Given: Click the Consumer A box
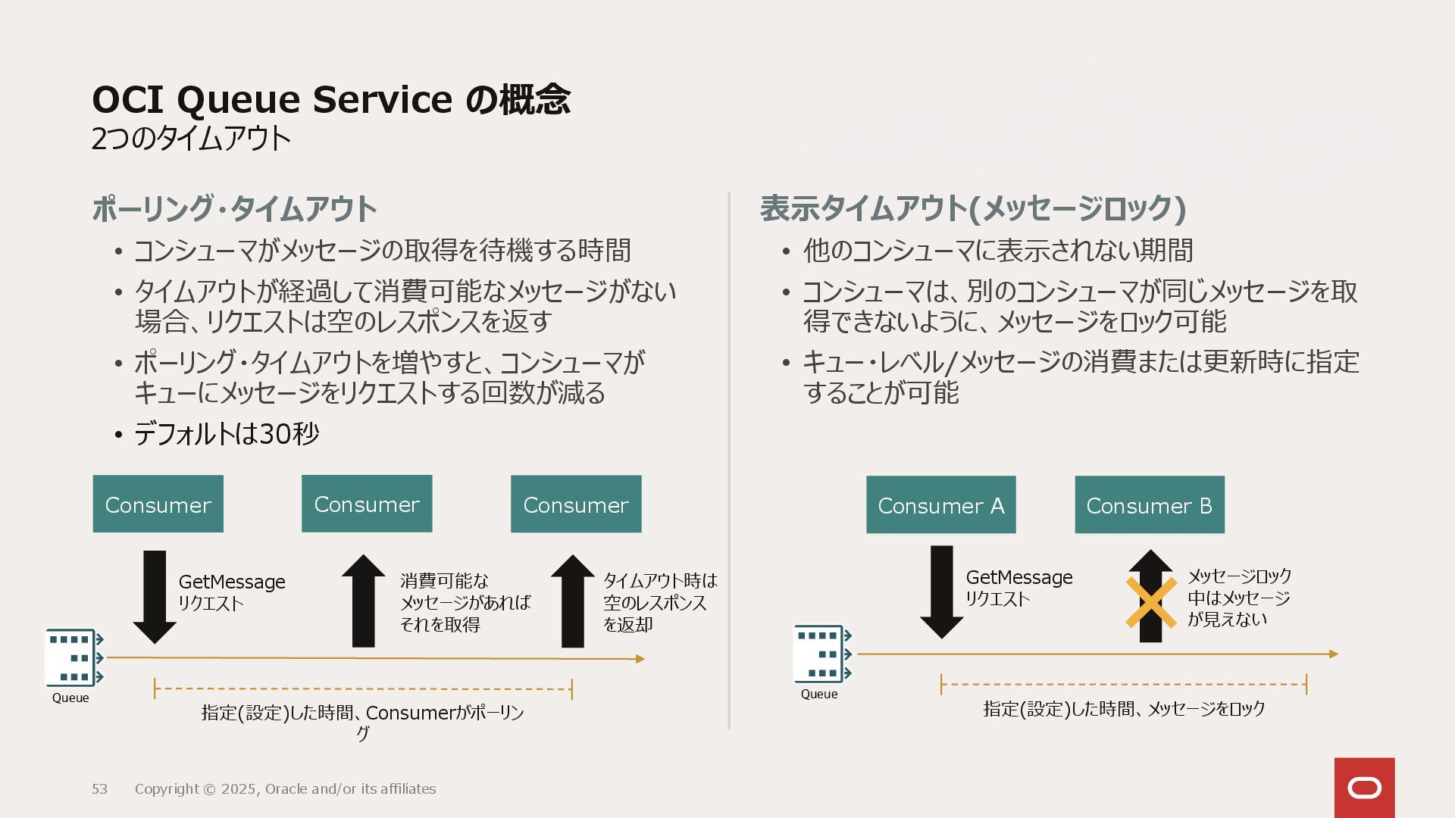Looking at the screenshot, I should coord(940,505).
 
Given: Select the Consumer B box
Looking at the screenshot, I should coord(1149,505).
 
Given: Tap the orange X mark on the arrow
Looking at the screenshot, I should coord(1150,603).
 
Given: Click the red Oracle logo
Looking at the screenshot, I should coord(1364,788).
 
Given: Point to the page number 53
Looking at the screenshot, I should coord(99,789).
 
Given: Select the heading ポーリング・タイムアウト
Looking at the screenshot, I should coord(234,209).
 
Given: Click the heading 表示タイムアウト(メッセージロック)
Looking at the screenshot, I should coord(972,208).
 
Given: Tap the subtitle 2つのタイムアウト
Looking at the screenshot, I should coord(191,139).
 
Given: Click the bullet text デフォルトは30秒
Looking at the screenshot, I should coord(227,434).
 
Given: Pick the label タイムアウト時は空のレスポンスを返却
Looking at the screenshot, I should coord(659,602).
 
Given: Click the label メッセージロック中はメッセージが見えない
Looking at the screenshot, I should coord(1239,598).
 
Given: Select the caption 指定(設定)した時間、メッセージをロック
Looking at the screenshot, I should coord(1124,709).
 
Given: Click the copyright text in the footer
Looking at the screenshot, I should coord(285,789).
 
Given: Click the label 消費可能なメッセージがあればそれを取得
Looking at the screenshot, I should coord(465,602).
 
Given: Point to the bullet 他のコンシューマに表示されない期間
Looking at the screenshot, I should coord(997,251).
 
